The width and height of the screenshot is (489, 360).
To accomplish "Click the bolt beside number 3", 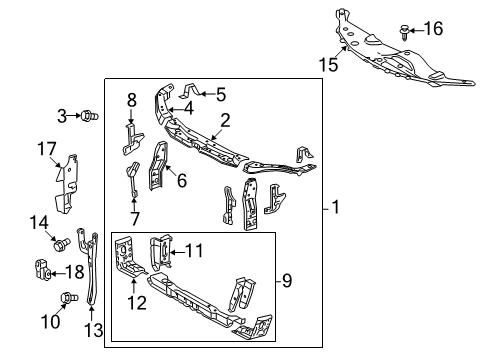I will (87, 117).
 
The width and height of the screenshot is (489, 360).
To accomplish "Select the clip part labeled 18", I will (42, 270).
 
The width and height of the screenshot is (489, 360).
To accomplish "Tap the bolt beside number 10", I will (69, 297).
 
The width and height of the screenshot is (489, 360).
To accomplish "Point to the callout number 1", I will (336, 208).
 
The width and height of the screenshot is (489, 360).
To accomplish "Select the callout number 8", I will (132, 100).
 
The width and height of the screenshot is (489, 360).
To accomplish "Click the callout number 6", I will (182, 181).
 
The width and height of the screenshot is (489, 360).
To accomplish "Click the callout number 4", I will (189, 108).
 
